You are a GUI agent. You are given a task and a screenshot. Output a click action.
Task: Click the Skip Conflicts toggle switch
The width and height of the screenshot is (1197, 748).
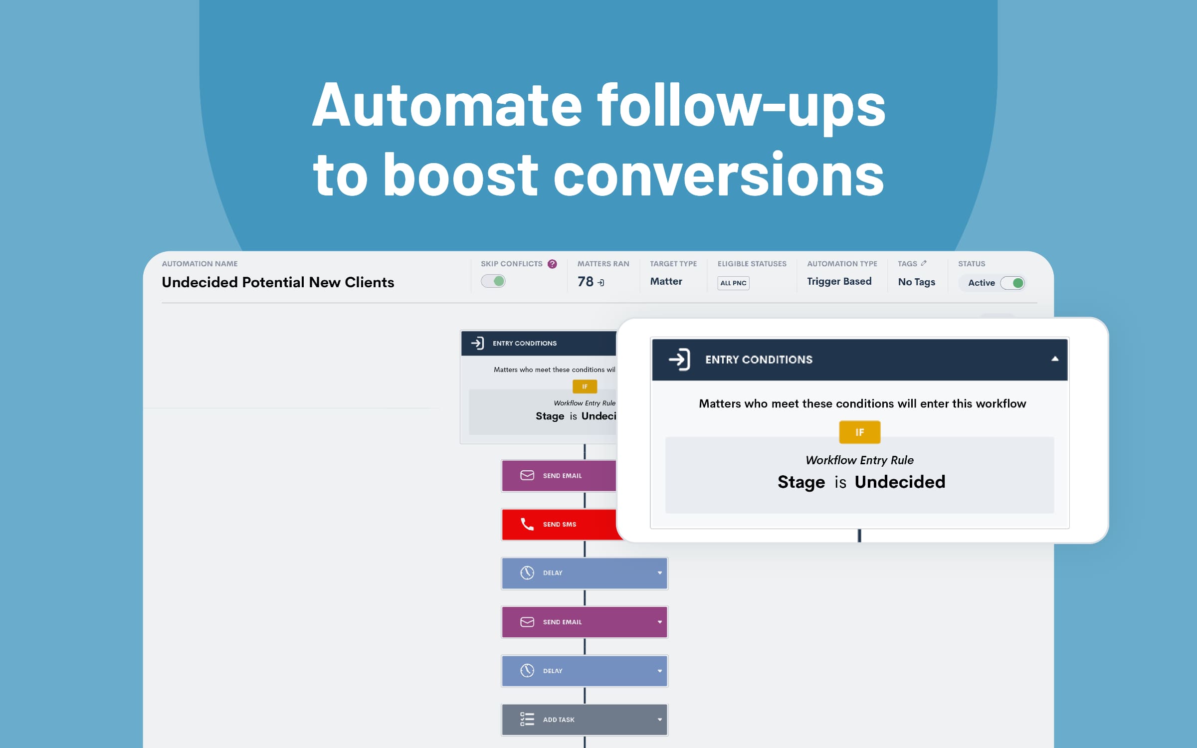pos(493,281)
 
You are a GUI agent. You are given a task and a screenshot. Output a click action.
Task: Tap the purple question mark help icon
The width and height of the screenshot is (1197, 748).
pos(552,264)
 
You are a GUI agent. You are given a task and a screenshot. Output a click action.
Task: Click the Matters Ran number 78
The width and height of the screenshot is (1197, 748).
pos(586,282)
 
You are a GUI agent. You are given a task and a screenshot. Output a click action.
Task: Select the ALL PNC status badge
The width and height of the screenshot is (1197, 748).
pos(733,283)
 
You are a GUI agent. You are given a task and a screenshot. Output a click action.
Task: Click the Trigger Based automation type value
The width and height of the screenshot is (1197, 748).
pos(839,281)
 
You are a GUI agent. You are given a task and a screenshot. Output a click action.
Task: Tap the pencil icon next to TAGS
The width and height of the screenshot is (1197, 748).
pos(924,263)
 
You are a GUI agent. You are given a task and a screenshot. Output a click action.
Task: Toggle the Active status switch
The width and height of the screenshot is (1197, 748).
pos(1012,283)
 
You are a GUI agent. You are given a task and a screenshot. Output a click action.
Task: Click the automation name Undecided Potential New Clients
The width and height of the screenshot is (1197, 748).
pos(278,282)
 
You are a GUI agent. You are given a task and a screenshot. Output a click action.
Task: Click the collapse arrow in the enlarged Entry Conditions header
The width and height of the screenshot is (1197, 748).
pos(1055,359)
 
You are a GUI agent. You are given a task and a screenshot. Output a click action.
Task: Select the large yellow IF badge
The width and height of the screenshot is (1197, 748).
pos(860,432)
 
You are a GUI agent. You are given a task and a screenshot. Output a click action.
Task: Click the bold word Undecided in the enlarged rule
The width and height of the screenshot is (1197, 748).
pos(900,482)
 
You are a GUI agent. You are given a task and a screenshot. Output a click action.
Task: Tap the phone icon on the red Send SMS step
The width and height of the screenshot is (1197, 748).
pos(527,524)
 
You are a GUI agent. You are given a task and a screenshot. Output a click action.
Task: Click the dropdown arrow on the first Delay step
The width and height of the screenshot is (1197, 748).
pos(660,573)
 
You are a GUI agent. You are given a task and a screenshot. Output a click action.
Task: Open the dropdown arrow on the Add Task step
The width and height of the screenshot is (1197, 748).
pos(660,720)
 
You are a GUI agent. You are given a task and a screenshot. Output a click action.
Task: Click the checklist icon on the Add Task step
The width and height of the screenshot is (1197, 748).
pos(527,719)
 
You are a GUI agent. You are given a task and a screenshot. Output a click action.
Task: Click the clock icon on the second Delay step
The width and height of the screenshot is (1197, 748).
pos(527,671)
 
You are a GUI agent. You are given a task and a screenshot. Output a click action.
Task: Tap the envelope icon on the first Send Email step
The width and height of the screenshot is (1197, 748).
pos(527,475)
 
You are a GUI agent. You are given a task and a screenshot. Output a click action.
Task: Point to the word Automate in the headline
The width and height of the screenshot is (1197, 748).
pos(447,106)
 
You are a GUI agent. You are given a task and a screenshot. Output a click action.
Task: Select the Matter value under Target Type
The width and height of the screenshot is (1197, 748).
pos(666,281)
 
